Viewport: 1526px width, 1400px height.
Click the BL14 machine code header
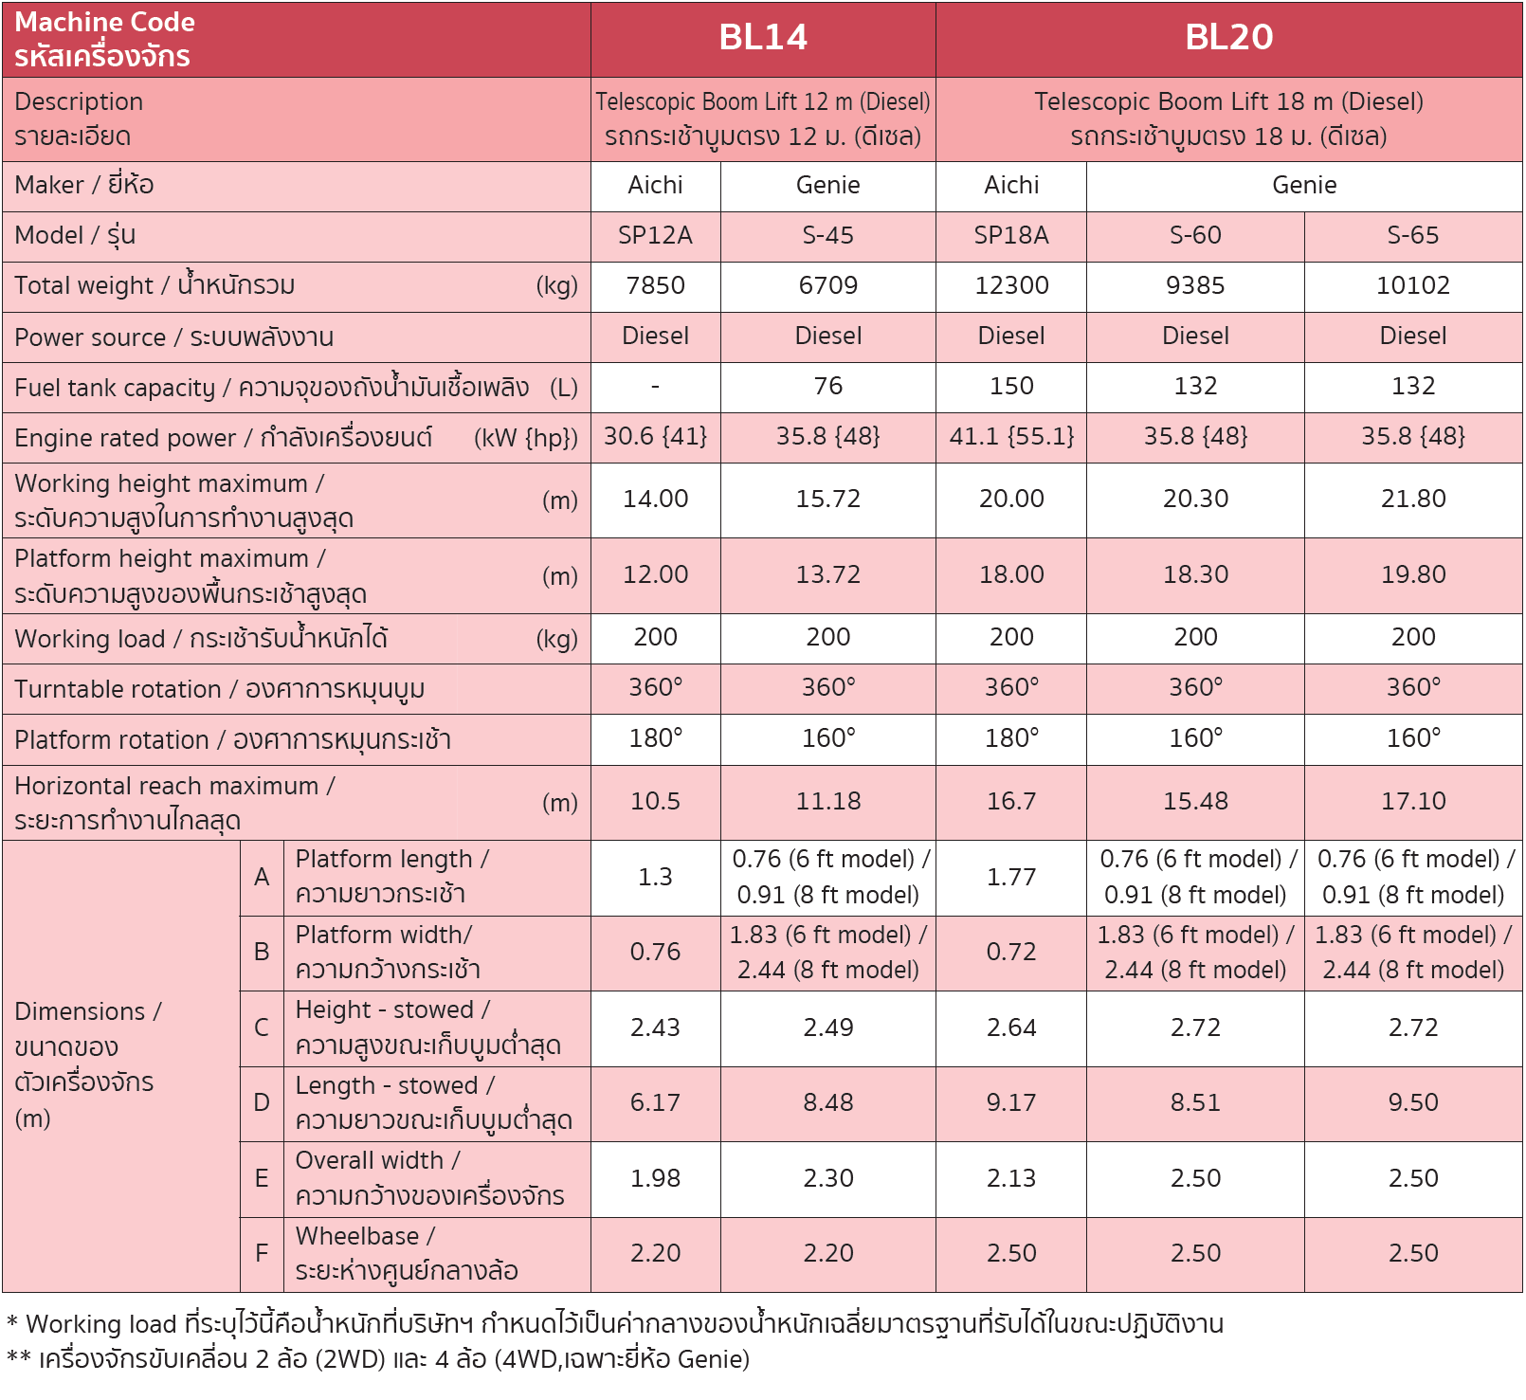(x=763, y=38)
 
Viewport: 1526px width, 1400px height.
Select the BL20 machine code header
(x=1228, y=38)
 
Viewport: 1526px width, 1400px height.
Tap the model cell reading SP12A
(x=655, y=236)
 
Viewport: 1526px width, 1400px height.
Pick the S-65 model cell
(x=1412, y=236)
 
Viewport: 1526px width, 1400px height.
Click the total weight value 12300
(x=1011, y=286)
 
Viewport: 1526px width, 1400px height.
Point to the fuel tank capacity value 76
(x=827, y=387)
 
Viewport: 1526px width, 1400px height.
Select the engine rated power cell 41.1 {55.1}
(x=1011, y=437)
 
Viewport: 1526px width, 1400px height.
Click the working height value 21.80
(x=1412, y=500)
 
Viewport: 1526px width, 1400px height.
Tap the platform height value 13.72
(x=827, y=575)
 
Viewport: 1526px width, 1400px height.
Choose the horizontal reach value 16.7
(x=1011, y=802)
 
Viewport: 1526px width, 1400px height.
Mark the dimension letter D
(x=262, y=1103)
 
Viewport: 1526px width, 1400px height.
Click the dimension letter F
(x=262, y=1254)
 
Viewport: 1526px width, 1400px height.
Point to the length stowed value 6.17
(x=655, y=1103)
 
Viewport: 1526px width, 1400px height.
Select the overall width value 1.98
(x=655, y=1179)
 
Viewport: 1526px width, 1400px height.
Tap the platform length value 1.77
(x=1011, y=878)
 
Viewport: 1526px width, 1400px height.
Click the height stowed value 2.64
(x=1011, y=1028)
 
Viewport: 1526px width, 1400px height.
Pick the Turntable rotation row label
(x=219, y=690)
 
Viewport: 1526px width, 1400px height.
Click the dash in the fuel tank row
(x=655, y=387)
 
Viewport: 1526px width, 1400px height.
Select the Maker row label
(x=84, y=186)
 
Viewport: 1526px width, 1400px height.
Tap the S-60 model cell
(x=1195, y=236)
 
